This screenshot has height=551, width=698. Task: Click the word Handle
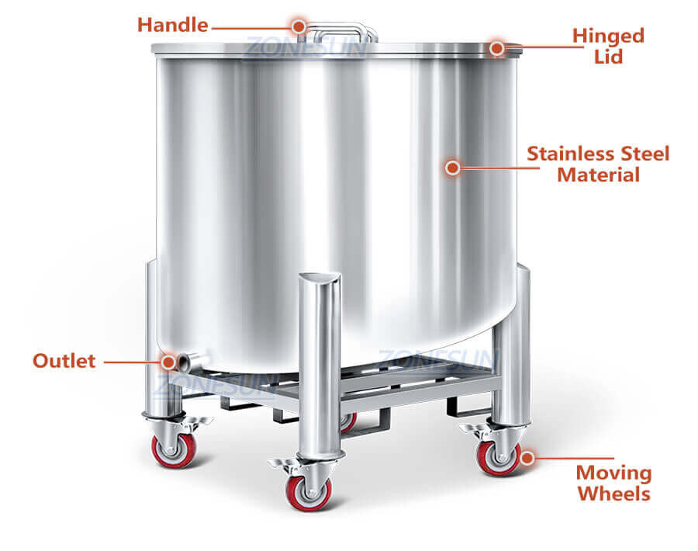tap(172, 25)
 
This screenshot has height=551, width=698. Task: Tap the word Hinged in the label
tap(608, 36)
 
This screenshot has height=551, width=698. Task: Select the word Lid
tap(608, 57)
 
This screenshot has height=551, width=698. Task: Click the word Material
tap(598, 175)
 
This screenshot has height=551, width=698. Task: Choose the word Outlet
tap(64, 361)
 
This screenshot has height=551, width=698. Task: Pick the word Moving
tap(613, 473)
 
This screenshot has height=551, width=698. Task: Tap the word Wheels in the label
tap(613, 494)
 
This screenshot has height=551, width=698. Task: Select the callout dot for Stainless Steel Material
tap(453, 166)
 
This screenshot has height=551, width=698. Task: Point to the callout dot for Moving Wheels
tap(527, 458)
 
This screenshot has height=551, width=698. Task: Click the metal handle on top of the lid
tap(341, 32)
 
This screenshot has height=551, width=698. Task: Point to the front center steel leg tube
tap(319, 365)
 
